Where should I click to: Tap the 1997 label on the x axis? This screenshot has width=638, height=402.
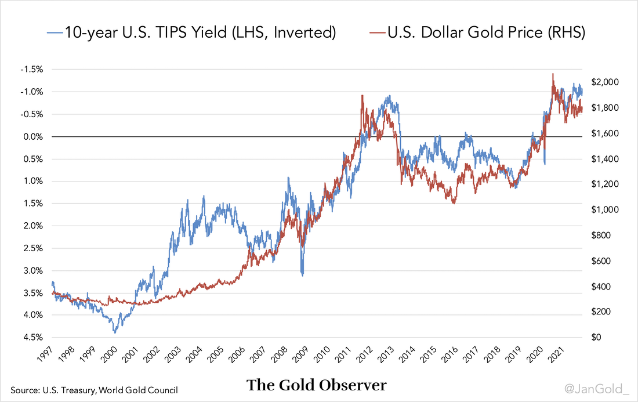(51, 354)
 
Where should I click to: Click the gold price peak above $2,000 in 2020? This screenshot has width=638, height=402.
(553, 74)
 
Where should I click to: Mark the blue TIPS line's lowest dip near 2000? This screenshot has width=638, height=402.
(115, 332)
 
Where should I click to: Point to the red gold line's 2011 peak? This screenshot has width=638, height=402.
(362, 96)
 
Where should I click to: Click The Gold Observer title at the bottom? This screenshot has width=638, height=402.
(317, 385)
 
